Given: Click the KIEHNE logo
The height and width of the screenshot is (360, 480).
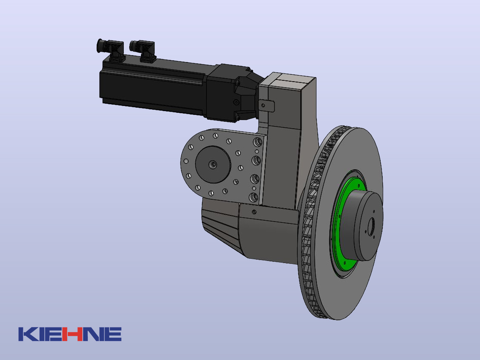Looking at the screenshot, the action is pos(70,334).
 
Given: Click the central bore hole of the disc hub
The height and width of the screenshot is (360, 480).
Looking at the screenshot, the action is pos(371,227).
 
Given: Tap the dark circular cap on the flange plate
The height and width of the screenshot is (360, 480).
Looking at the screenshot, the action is pos(213,164).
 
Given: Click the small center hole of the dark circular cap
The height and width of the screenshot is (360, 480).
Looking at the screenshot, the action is pos(213,164).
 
